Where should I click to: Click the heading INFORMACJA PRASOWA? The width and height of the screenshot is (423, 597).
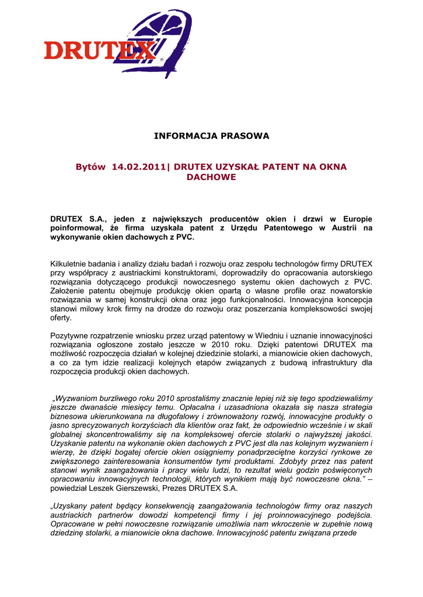coord(211,136)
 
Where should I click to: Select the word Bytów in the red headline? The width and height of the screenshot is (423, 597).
coord(91,167)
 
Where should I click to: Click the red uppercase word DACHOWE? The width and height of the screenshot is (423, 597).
coord(211,177)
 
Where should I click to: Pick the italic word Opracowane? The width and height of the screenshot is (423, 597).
coord(74,524)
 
